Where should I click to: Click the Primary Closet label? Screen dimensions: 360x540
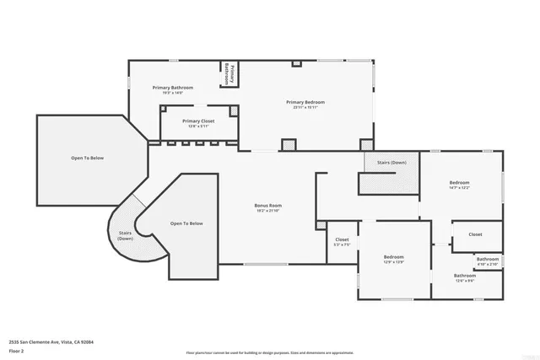[x=198, y=121]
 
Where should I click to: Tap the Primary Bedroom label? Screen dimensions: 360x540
[x=305, y=102]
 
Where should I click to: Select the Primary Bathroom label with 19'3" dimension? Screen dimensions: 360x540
[x=173, y=88]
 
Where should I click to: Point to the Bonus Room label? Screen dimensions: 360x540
[x=268, y=206]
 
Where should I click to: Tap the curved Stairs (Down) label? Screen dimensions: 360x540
[x=125, y=234]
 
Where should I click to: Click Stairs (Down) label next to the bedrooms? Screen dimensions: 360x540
[x=391, y=162]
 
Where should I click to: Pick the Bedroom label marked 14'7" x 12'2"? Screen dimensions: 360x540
[x=459, y=183]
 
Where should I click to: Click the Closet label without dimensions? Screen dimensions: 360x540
[x=475, y=234]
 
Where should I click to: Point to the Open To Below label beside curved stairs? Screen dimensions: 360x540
[x=186, y=223]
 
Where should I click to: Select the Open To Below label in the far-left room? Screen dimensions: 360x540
[x=87, y=159]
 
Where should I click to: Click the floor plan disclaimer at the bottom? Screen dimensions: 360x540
[x=269, y=352]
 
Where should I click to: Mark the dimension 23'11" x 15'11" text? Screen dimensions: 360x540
[x=305, y=107]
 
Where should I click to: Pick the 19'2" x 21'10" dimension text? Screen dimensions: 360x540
[x=268, y=211]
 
